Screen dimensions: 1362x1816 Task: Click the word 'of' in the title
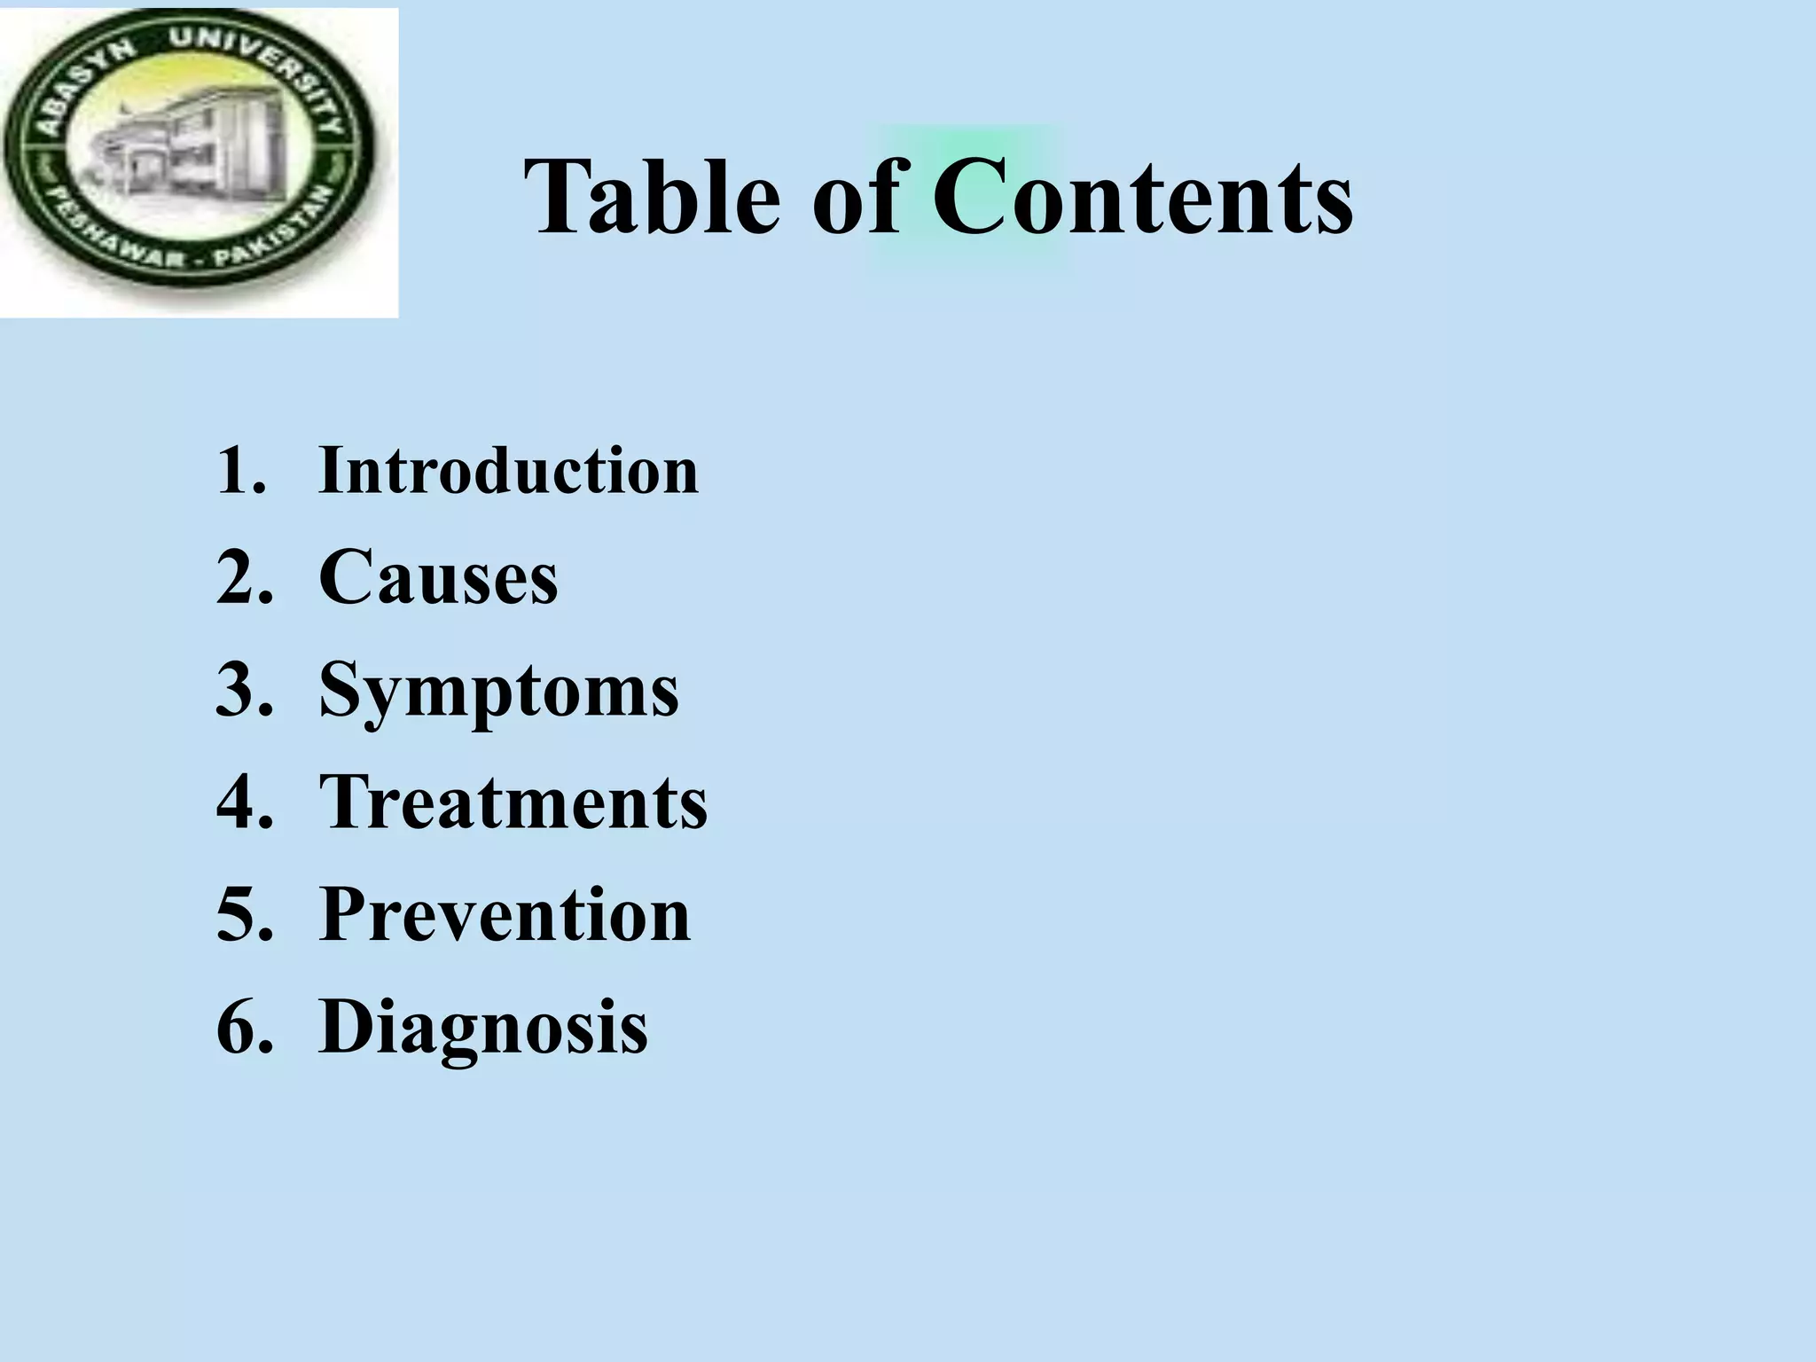857,197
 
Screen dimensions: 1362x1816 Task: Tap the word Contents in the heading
1142,197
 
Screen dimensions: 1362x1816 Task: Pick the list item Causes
438,577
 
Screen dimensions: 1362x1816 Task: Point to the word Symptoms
498,691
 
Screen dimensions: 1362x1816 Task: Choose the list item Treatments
513,802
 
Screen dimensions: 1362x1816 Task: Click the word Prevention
505,914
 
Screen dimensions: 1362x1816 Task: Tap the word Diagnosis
483,1027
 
